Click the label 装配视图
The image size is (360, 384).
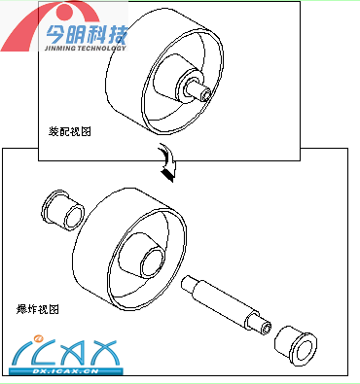[70, 131]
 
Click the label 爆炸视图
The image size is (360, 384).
[38, 309]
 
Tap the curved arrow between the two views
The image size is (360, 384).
[168, 163]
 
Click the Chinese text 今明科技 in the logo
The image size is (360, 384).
[87, 34]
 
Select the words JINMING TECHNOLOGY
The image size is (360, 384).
[85, 48]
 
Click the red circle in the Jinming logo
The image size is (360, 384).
[69, 13]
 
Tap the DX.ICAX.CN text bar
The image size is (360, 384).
[66, 371]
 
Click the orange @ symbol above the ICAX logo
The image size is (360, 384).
[39, 338]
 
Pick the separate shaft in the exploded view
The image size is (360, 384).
[226, 305]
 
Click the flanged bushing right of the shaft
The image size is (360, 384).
[296, 346]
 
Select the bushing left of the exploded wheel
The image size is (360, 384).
[63, 210]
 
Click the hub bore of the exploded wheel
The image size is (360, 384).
[152, 262]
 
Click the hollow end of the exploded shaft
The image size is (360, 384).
[267, 329]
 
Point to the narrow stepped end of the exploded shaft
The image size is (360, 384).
[188, 283]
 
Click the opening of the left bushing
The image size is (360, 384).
[74, 217]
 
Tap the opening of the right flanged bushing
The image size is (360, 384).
[305, 351]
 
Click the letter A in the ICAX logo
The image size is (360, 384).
[73, 353]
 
